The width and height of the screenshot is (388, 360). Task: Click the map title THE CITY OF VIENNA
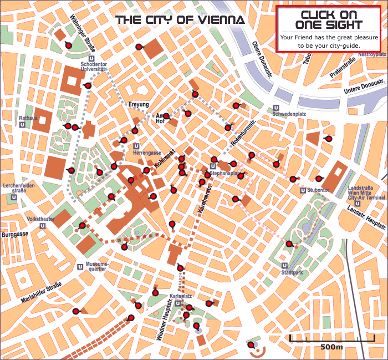(x=180, y=21)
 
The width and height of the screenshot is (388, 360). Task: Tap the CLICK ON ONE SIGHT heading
(x=329, y=19)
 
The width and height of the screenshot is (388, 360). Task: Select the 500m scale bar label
(x=331, y=347)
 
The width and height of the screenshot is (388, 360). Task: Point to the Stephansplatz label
(x=227, y=173)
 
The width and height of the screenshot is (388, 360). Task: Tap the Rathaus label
(x=28, y=118)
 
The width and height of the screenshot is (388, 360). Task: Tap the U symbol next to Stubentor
(x=302, y=190)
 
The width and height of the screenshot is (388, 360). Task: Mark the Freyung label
(x=138, y=104)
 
